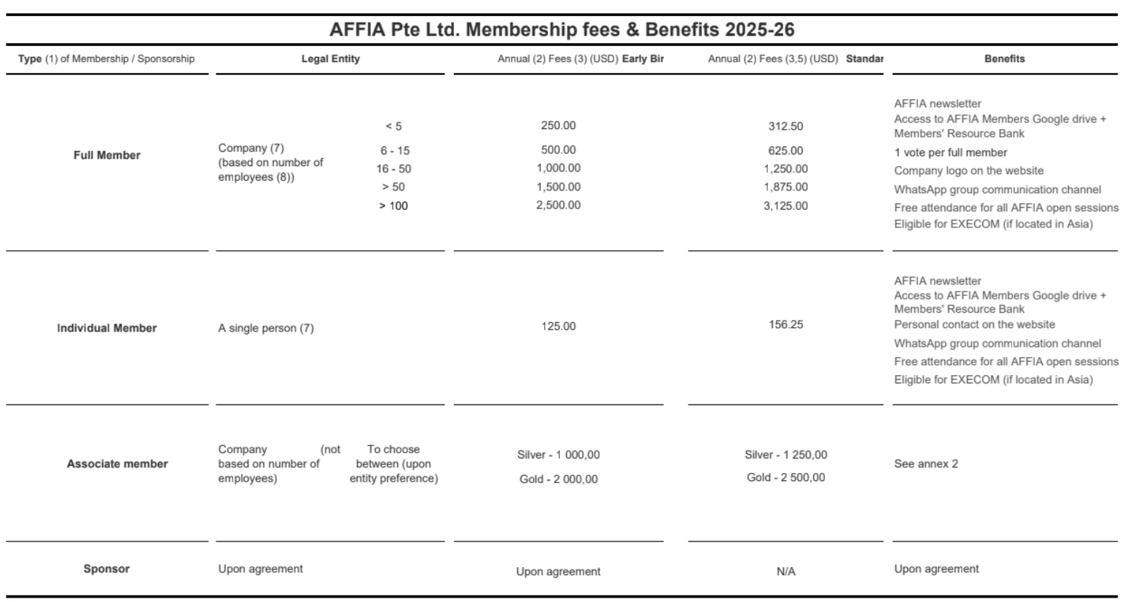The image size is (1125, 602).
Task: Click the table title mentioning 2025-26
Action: pyautogui.click(x=562, y=30)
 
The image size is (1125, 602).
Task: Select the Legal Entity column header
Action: pyautogui.click(x=330, y=59)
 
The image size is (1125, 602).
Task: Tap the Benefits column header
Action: pyautogui.click(x=1004, y=59)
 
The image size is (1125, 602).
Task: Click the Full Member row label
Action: pyautogui.click(x=107, y=155)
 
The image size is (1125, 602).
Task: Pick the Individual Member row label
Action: pyautogui.click(x=107, y=328)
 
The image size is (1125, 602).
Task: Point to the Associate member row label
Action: pyautogui.click(x=117, y=464)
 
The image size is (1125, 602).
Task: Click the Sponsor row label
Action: pyautogui.click(x=106, y=568)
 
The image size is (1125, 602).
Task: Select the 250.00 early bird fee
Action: pyautogui.click(x=558, y=125)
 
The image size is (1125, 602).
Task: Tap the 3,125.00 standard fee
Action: pyautogui.click(x=785, y=206)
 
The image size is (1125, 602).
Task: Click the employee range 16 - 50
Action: pyautogui.click(x=393, y=168)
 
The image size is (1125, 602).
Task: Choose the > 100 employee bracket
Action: pyautogui.click(x=393, y=206)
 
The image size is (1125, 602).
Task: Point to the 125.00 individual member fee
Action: pyautogui.click(x=558, y=326)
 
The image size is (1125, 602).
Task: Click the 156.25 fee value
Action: pyautogui.click(x=785, y=324)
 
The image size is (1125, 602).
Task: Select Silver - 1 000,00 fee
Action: pyautogui.click(x=558, y=455)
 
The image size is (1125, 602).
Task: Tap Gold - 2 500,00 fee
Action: pyautogui.click(x=785, y=477)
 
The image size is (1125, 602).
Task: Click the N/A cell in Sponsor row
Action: pyautogui.click(x=785, y=571)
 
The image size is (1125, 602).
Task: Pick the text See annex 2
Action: pyautogui.click(x=926, y=464)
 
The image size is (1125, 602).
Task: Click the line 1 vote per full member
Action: pyautogui.click(x=950, y=152)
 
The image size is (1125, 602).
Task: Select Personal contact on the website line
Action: pyautogui.click(x=974, y=324)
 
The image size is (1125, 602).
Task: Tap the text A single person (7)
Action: pyautogui.click(x=266, y=328)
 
